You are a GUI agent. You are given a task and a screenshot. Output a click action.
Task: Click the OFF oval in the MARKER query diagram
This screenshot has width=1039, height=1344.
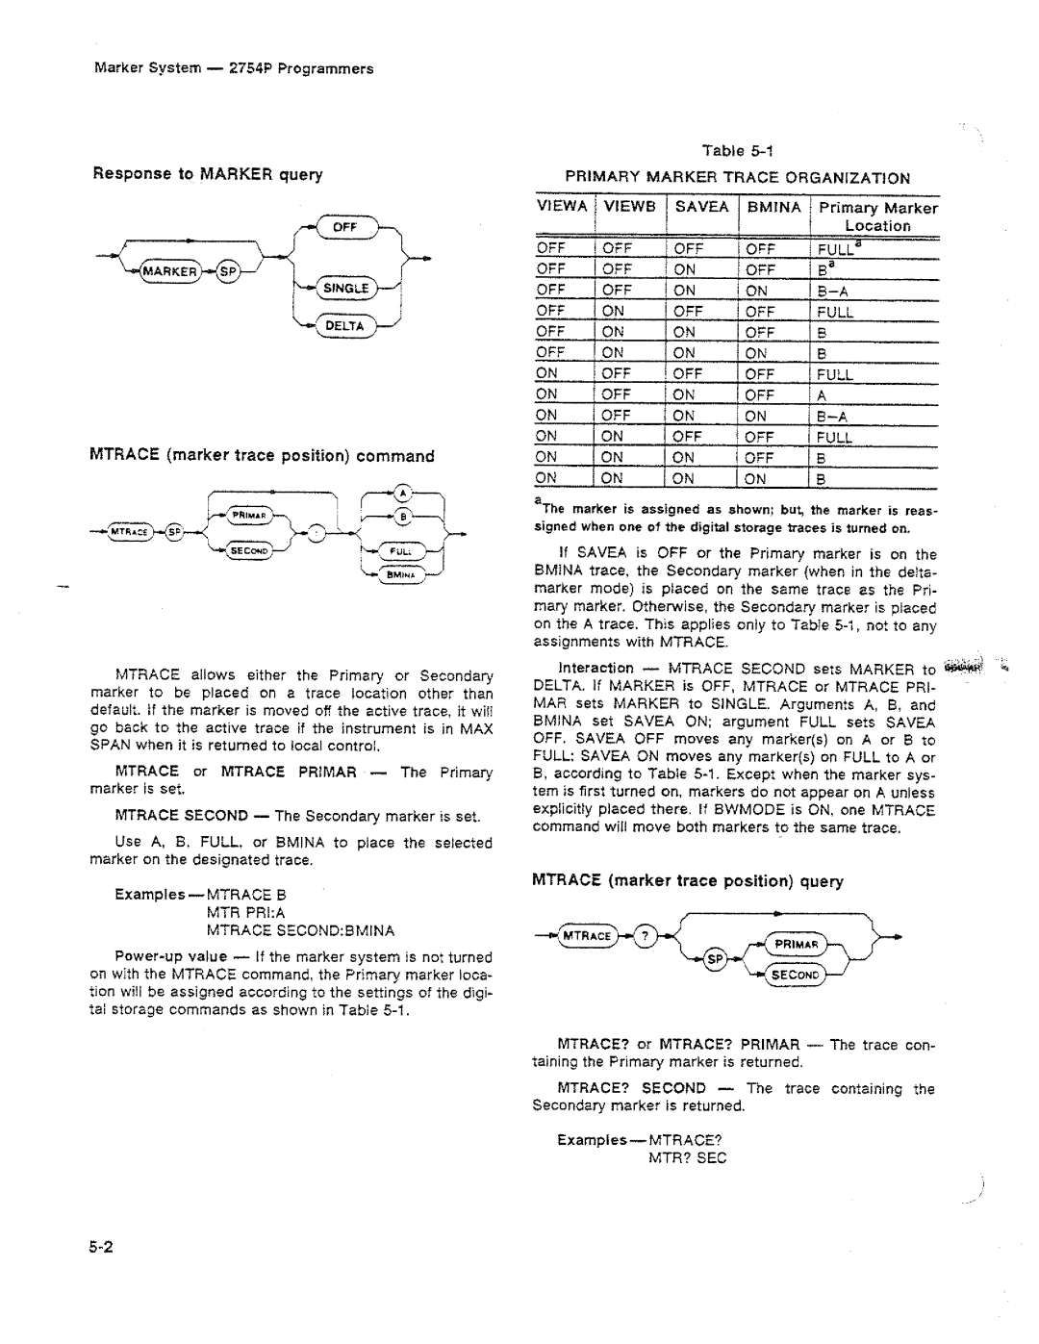click(x=344, y=227)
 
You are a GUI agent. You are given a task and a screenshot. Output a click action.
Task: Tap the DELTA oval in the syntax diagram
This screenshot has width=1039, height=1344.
click(x=343, y=326)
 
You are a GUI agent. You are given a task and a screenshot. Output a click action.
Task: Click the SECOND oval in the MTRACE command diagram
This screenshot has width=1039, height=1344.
click(x=249, y=549)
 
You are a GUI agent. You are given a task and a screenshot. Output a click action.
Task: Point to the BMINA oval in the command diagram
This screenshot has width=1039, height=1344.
click(x=396, y=575)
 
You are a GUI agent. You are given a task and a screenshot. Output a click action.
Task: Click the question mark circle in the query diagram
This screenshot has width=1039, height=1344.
click(x=646, y=935)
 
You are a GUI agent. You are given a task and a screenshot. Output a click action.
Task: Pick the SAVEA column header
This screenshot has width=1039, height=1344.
click(x=701, y=207)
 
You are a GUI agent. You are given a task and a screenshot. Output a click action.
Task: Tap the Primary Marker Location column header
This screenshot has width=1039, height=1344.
click(x=877, y=216)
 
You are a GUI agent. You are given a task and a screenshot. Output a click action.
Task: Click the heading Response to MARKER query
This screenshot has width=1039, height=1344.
click(x=207, y=174)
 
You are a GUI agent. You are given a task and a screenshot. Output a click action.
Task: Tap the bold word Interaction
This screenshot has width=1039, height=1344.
click(x=596, y=668)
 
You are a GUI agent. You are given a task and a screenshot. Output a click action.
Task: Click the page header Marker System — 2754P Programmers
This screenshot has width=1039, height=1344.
click(x=234, y=68)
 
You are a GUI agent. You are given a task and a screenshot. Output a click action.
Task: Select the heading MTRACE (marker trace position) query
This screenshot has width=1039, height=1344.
click(x=688, y=880)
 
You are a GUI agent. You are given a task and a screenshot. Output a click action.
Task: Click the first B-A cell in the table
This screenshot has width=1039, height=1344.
click(x=833, y=291)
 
